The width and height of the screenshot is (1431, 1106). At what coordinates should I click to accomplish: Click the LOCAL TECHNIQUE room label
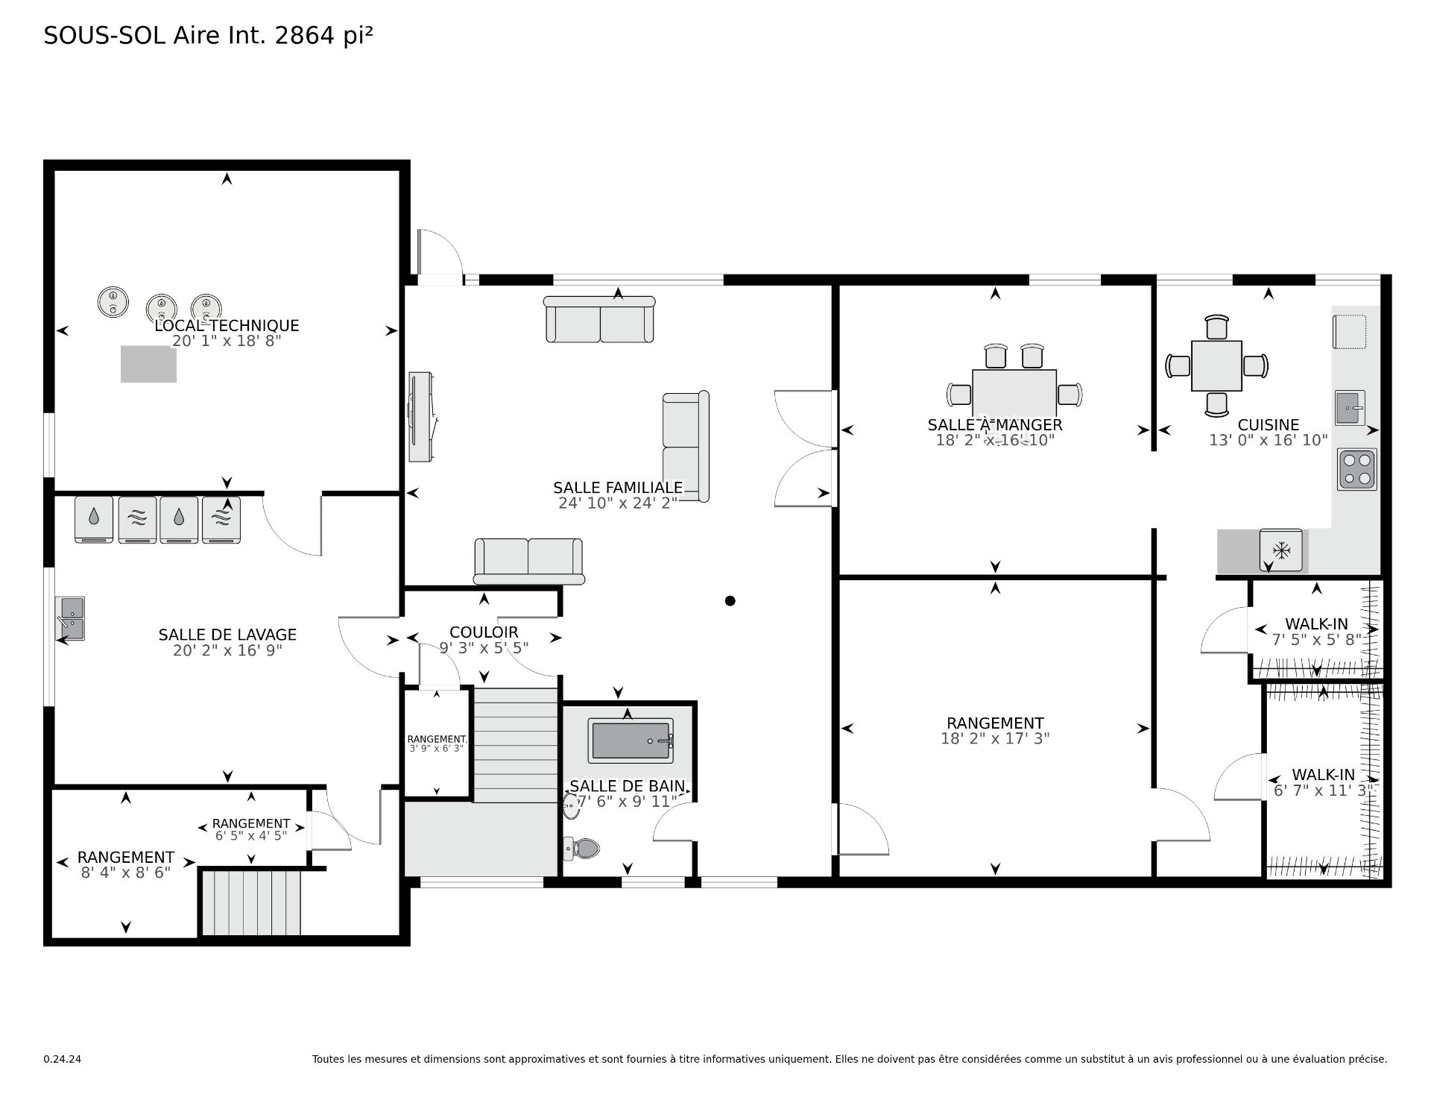coord(227,325)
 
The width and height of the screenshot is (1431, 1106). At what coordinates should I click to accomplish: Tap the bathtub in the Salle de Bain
coord(630,741)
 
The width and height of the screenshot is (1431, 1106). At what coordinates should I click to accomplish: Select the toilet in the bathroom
coord(582,848)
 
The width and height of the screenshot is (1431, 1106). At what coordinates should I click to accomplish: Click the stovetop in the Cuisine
coord(1356,469)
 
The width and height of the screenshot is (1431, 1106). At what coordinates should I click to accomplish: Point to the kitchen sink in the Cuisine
coord(1349,408)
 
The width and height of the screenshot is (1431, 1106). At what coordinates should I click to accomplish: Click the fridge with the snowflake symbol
coord(1281,551)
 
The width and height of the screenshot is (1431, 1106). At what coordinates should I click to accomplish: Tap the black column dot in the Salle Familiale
coord(730,600)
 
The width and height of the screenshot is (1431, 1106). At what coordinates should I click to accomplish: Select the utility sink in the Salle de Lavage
coord(72,618)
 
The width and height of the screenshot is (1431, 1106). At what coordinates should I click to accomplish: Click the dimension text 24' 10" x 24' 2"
coord(617,503)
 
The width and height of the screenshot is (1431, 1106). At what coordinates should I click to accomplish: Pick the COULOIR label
coord(484,632)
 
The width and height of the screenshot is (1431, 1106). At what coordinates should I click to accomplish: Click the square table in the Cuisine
coord(1216,365)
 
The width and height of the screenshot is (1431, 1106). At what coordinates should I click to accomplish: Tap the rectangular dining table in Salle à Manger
coord(1014,393)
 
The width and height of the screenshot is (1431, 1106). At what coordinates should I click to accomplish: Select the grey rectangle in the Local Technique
coord(148,364)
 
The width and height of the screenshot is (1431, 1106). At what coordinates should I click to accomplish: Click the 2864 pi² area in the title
coord(323,35)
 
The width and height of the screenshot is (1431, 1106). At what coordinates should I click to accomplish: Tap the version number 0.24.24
coord(62,1059)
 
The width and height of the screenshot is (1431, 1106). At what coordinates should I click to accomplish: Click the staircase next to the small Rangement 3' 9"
coord(516,744)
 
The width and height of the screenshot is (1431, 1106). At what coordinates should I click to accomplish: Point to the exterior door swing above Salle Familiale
coord(440,254)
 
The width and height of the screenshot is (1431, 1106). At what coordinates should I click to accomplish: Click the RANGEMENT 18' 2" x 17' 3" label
coord(995,723)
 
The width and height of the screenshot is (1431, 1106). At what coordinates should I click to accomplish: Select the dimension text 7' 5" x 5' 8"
coord(1316,640)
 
